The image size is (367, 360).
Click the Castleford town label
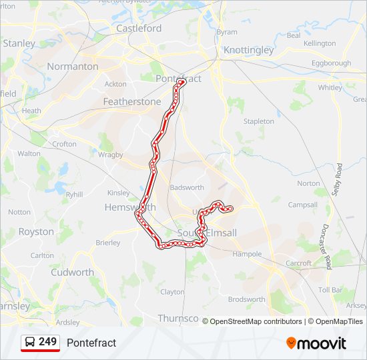(139, 28)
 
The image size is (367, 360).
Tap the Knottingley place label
(249, 50)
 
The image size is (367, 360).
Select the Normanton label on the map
(73, 67)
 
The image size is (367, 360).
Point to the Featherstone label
(132, 102)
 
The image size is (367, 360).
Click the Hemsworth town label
(130, 207)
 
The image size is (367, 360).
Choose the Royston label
(36, 232)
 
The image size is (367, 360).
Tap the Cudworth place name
(72, 272)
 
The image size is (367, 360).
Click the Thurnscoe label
(177, 319)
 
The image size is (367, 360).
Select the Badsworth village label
(187, 188)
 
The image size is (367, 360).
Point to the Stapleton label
(259, 121)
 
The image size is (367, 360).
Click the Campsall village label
(302, 205)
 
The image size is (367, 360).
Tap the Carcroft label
(298, 263)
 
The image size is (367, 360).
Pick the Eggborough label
(331, 63)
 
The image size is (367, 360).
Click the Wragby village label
(111, 155)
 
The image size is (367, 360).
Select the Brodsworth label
(246, 299)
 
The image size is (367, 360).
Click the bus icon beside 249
(30, 342)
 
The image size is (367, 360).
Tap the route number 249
(47, 342)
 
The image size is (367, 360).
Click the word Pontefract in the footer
(91, 343)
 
